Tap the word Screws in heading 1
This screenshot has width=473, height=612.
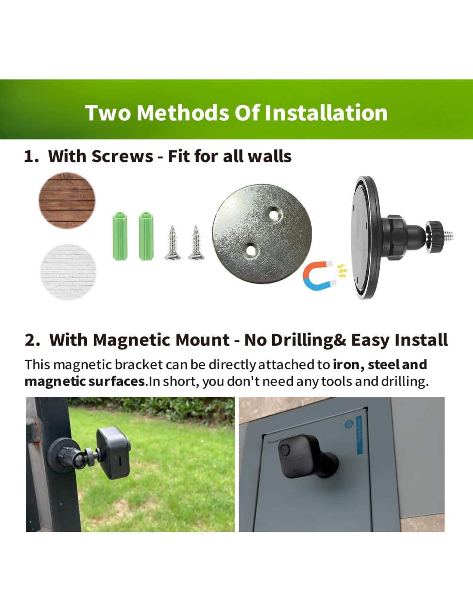click(122, 156)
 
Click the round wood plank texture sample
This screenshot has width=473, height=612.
click(67, 200)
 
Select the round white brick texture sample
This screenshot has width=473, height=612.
click(68, 272)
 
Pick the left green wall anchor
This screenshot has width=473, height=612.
click(120, 236)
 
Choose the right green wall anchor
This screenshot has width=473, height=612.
click(146, 236)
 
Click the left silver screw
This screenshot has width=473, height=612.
click(172, 243)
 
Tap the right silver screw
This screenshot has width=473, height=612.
click(196, 243)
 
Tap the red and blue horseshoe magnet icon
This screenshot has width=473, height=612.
click(319, 276)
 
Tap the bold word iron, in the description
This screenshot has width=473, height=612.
click(348, 365)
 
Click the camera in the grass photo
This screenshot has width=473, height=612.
click(113, 453)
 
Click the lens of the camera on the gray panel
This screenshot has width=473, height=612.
click(284, 448)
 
